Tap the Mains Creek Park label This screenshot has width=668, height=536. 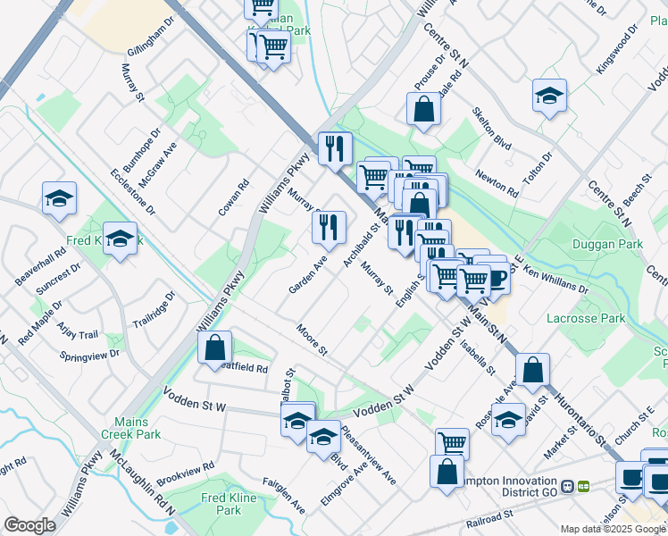(136, 427)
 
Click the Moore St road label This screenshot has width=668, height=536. (313, 339)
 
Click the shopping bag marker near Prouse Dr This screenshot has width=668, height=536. (423, 110)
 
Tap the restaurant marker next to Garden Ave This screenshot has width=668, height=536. (329, 227)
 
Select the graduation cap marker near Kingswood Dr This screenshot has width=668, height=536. (550, 95)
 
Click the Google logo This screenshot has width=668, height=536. (29, 525)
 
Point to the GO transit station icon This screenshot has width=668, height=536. (583, 486)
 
